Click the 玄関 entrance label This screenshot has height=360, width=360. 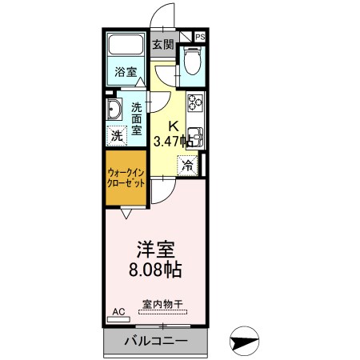pyautogui.click(x=163, y=45)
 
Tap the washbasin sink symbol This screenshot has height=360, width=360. pyautogui.click(x=113, y=111)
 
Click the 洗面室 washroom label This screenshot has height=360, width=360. pyautogui.click(x=138, y=118)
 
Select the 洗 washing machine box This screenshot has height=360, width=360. pyautogui.click(x=117, y=136)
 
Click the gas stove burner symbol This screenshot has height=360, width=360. pyautogui.click(x=195, y=105)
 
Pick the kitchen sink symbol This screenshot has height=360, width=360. pyautogui.click(x=195, y=137)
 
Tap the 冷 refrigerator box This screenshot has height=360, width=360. pyautogui.click(x=187, y=166)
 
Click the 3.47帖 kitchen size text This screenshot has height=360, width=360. pyautogui.click(x=173, y=141)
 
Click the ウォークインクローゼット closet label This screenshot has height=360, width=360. pyautogui.click(x=126, y=175)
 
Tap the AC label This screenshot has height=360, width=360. pyautogui.click(x=118, y=312)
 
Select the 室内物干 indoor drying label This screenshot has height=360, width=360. pyautogui.click(x=162, y=304)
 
